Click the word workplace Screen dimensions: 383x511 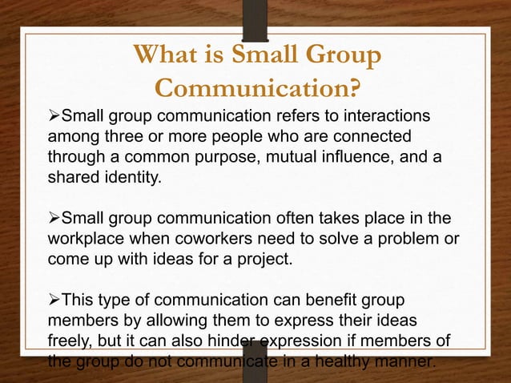(x=86, y=238)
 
